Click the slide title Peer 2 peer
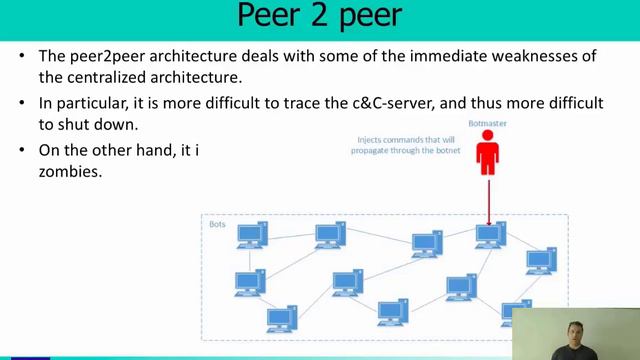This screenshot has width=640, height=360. [319, 17]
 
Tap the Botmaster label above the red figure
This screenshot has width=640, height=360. [487, 124]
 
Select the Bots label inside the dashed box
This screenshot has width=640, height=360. [217, 224]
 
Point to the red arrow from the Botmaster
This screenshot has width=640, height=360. [488, 200]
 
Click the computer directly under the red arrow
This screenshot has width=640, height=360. [490, 236]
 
